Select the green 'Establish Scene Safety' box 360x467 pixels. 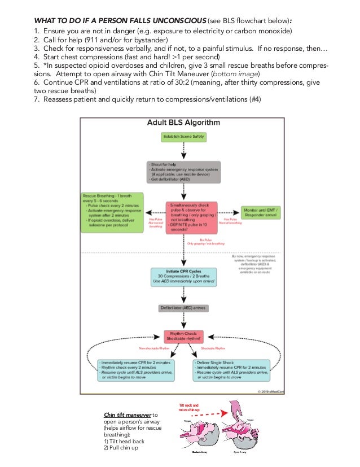[x=183, y=137]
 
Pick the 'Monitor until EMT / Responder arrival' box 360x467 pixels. [x=264, y=212]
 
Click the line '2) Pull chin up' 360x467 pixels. [x=122, y=447]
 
